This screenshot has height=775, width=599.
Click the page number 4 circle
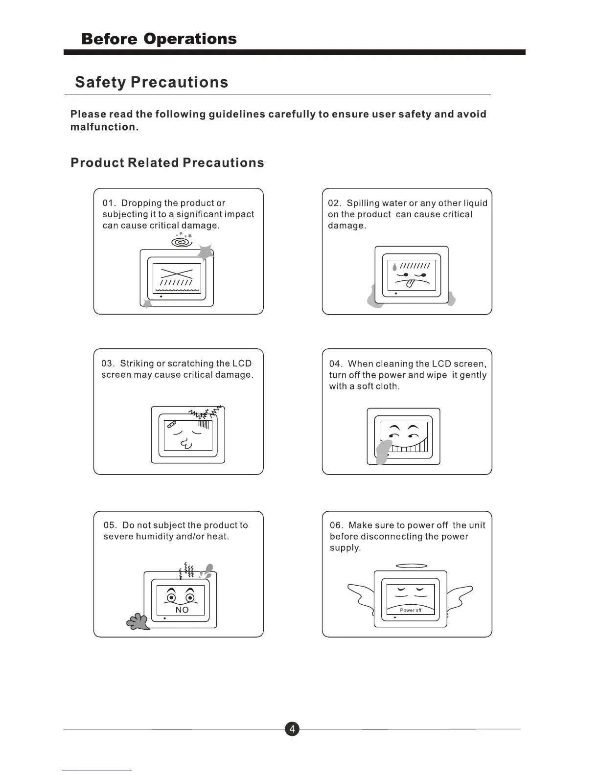point(292,729)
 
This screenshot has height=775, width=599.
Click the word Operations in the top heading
point(190,39)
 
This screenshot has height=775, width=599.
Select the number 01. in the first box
point(109,203)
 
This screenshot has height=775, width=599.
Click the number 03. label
point(108,364)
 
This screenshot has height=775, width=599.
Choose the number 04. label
point(336,364)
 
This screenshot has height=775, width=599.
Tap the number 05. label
point(110,525)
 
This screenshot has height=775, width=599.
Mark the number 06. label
point(336,525)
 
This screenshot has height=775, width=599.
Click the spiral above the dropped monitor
point(182,242)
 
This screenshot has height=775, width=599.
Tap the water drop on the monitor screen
point(394,267)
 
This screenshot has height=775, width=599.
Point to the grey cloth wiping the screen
point(383,451)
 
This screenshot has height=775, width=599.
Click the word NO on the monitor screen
point(182,610)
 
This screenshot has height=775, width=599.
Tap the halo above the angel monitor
point(411,566)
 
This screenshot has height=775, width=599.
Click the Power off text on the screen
point(411,610)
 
